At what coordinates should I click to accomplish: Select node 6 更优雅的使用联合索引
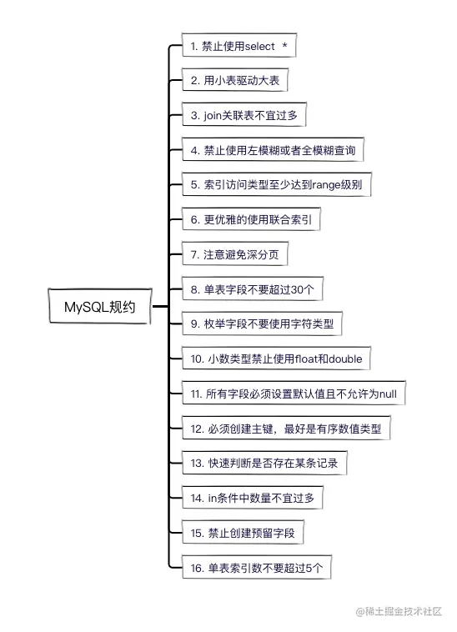(x=251, y=220)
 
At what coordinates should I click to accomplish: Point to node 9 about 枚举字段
(x=263, y=324)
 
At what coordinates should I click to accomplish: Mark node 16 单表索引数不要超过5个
(x=258, y=567)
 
